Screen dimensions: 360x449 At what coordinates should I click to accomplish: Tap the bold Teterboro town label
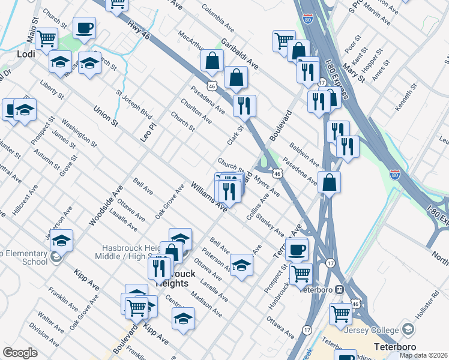[x=394, y=346]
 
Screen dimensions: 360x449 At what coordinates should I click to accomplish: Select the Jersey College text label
[x=373, y=330]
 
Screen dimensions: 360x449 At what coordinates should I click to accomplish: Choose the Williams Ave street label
[x=209, y=197]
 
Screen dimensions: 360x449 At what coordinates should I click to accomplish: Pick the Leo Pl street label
[x=148, y=127]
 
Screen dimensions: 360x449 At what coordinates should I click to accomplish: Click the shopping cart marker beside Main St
[x=46, y=39]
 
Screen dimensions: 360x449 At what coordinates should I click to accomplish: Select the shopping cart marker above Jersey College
[x=340, y=312]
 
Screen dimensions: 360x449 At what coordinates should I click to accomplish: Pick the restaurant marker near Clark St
[x=244, y=106]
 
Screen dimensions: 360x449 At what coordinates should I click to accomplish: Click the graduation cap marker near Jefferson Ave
[x=61, y=240]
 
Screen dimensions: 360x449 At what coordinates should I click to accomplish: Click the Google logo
[x=20, y=353]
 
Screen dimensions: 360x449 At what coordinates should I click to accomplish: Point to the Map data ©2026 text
[x=423, y=355]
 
